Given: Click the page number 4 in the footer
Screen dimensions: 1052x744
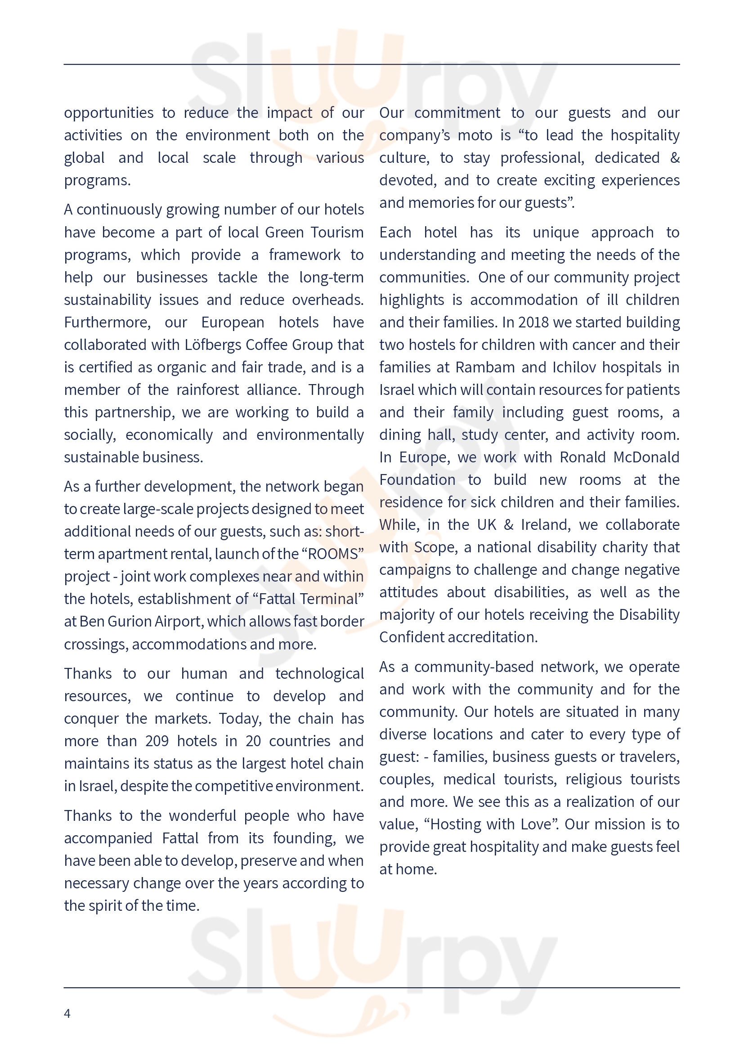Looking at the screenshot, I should [67, 1013].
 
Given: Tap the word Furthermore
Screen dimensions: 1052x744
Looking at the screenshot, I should [107, 322].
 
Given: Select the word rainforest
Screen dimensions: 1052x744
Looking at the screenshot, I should [207, 389].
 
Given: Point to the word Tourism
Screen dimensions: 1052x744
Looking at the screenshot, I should [337, 232].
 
